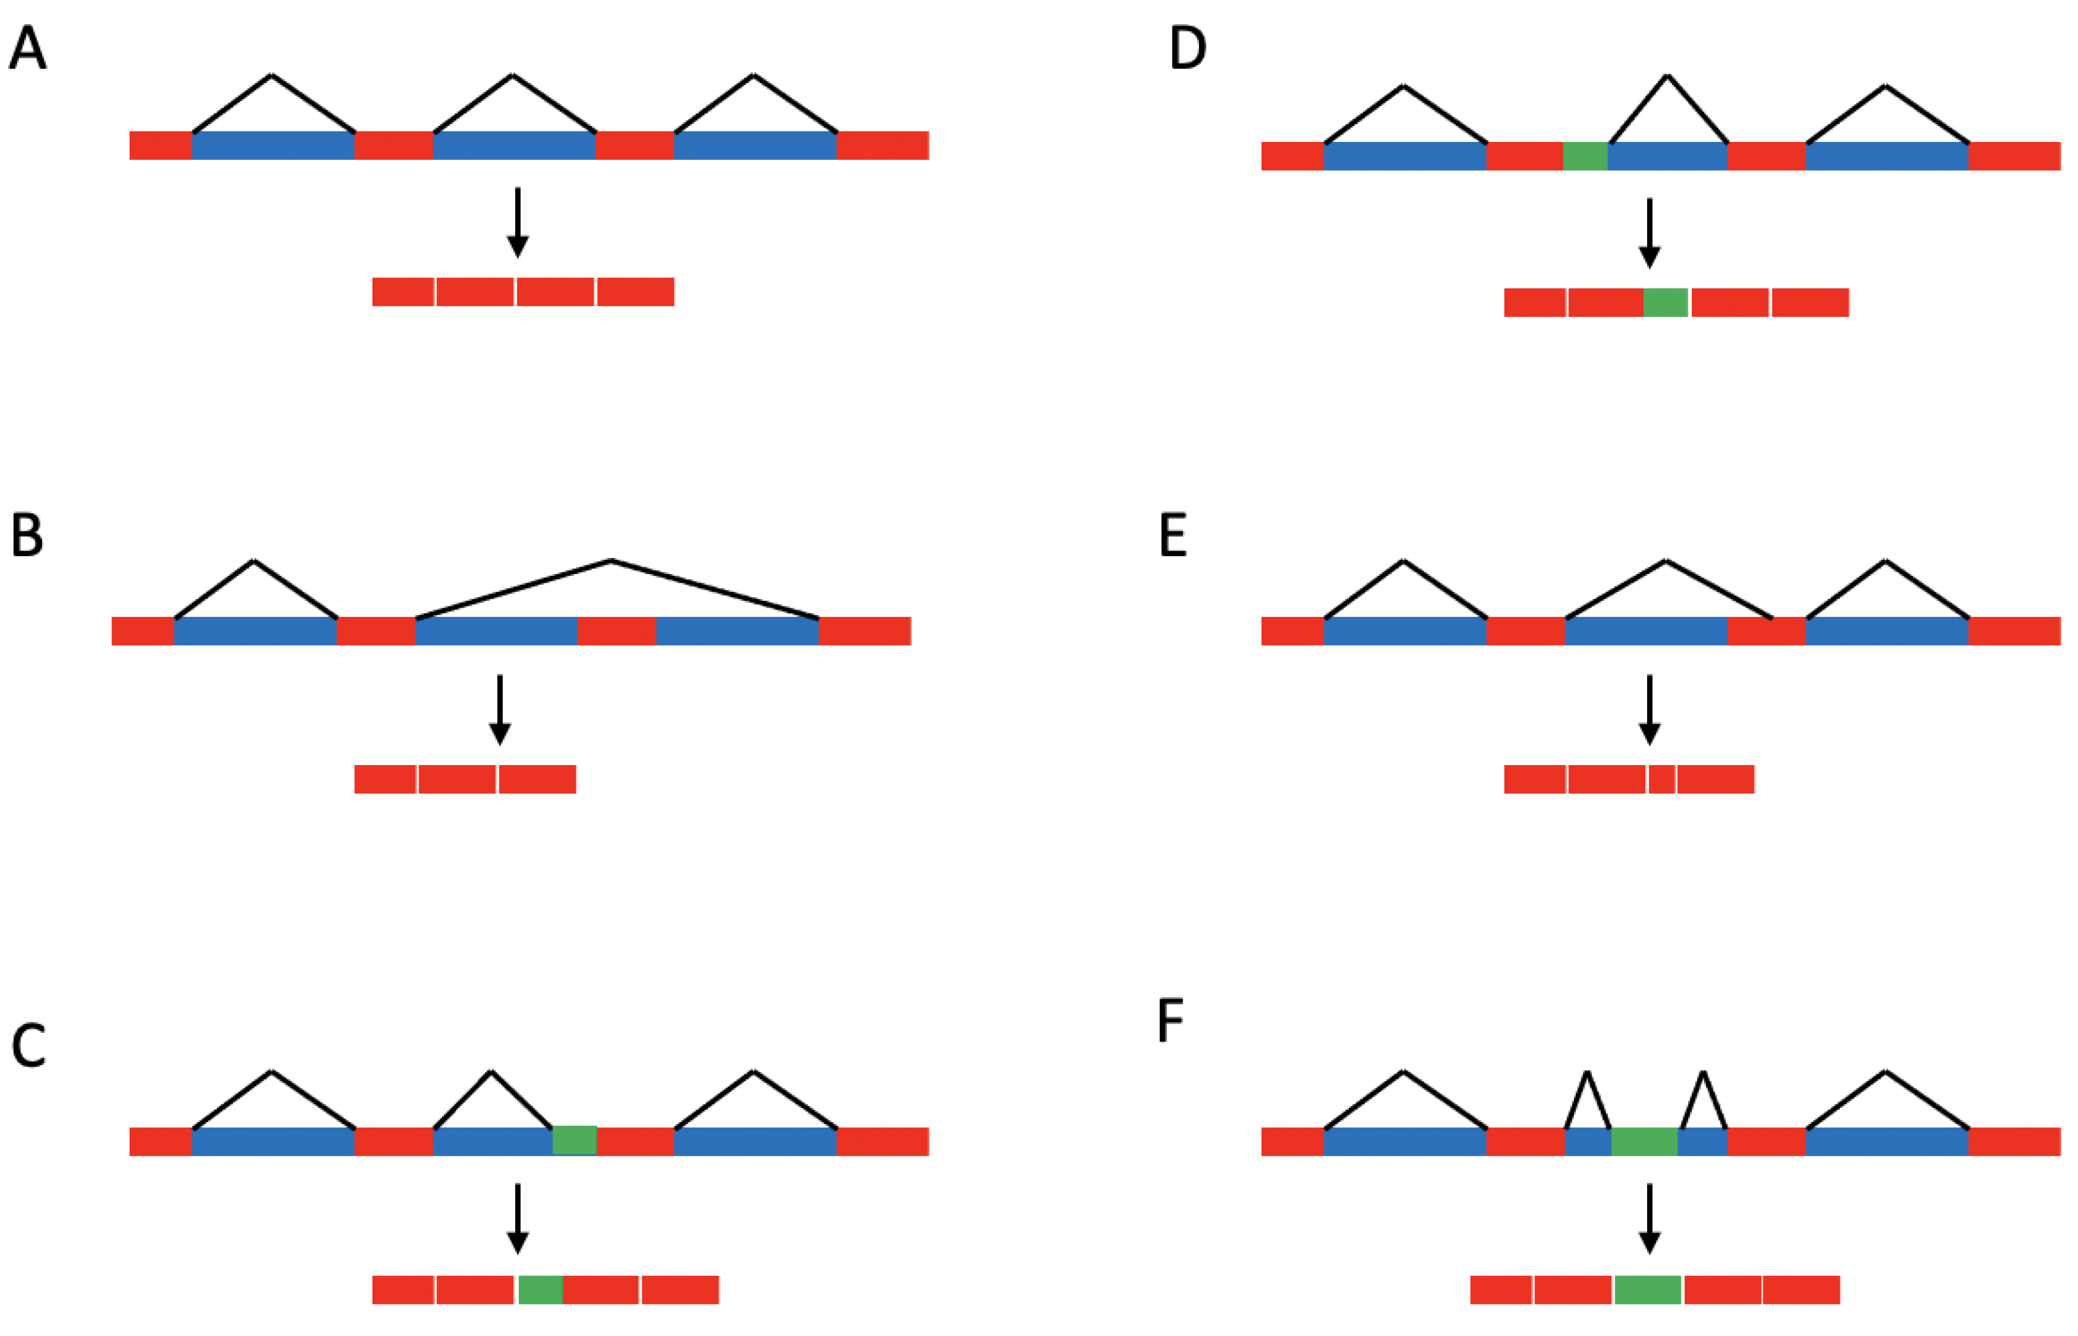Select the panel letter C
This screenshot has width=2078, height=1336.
pos(28,1046)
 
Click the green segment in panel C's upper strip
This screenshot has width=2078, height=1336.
pos(574,1141)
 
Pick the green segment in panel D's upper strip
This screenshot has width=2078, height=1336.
pos(1585,156)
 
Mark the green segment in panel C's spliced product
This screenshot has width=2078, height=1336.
pos(541,1290)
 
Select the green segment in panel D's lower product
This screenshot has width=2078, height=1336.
pos(1665,303)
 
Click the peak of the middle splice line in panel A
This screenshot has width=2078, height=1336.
pos(513,76)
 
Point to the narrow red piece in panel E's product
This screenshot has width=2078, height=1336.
pos(1661,779)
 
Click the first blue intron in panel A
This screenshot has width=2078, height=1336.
pos(273,146)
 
